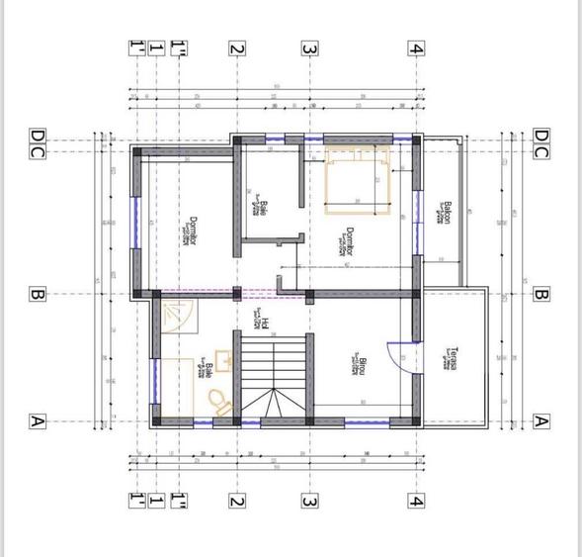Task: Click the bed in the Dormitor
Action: tap(361, 181)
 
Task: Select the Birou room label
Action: tap(363, 367)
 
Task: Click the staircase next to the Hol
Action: tap(276, 376)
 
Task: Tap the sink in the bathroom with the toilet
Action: tap(224, 361)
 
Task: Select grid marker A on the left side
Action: tap(36, 420)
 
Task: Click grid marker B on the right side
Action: tap(540, 294)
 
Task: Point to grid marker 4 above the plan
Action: tap(419, 47)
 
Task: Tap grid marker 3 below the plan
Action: tap(309, 501)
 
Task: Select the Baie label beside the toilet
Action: tap(208, 370)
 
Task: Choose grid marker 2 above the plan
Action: tap(236, 47)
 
